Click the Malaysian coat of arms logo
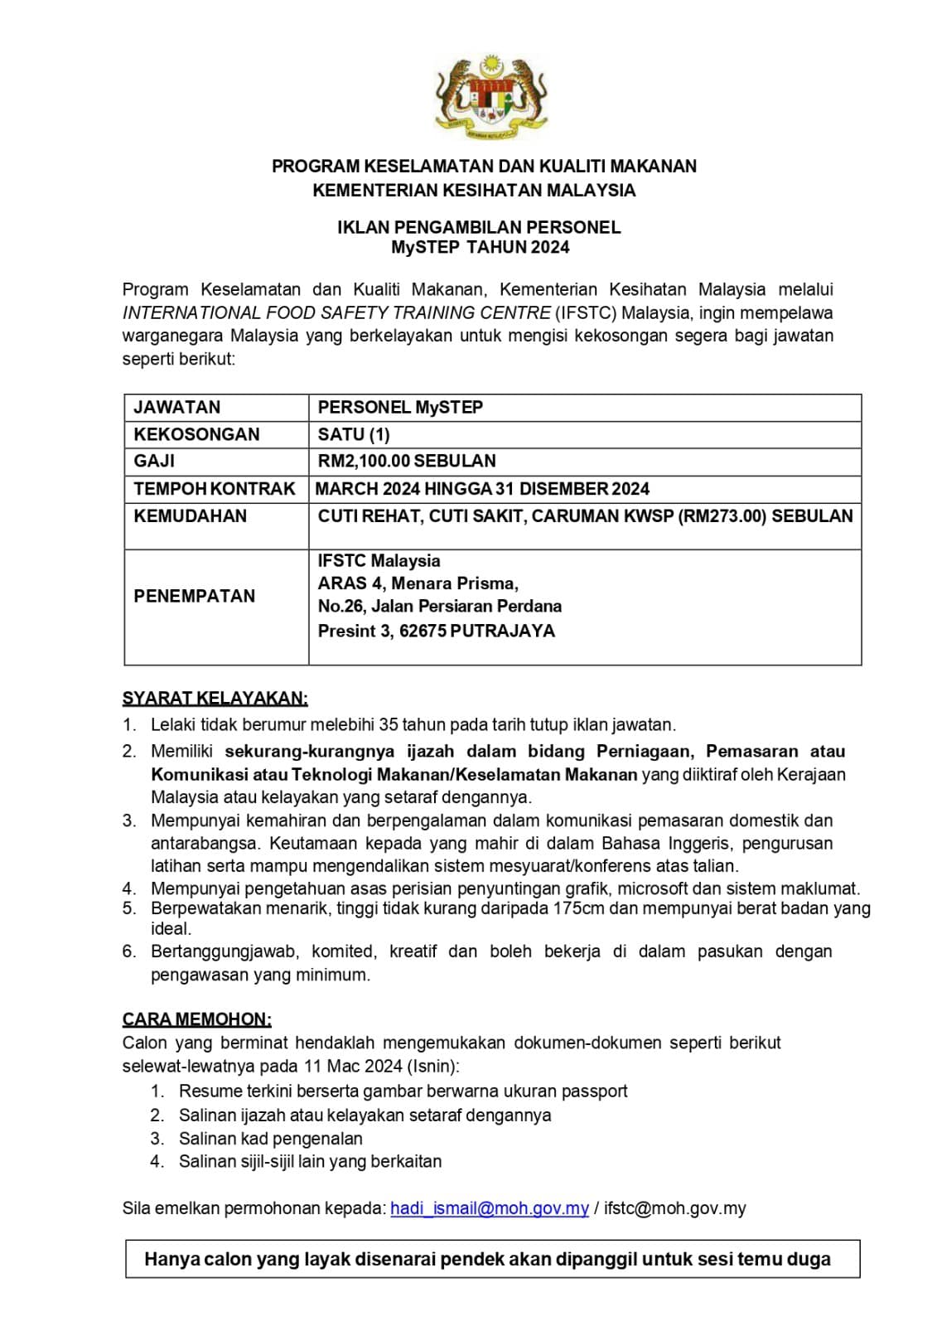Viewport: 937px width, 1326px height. [491, 97]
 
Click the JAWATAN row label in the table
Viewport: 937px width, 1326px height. [177, 407]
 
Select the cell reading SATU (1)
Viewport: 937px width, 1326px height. [354, 434]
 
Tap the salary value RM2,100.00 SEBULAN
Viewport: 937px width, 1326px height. [407, 461]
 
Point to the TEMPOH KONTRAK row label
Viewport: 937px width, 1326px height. [215, 489]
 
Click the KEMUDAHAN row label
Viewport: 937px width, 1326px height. [191, 516]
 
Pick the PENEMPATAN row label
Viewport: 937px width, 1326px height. [195, 596]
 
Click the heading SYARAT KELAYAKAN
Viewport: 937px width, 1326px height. [215, 699]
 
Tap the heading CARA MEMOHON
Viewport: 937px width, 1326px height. [197, 1019]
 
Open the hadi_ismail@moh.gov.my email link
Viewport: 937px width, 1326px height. [490, 1208]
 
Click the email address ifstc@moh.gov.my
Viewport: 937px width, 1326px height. [674, 1208]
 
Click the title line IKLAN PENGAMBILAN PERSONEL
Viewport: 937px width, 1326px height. [479, 227]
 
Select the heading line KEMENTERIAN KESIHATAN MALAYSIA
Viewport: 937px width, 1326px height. [474, 191]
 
